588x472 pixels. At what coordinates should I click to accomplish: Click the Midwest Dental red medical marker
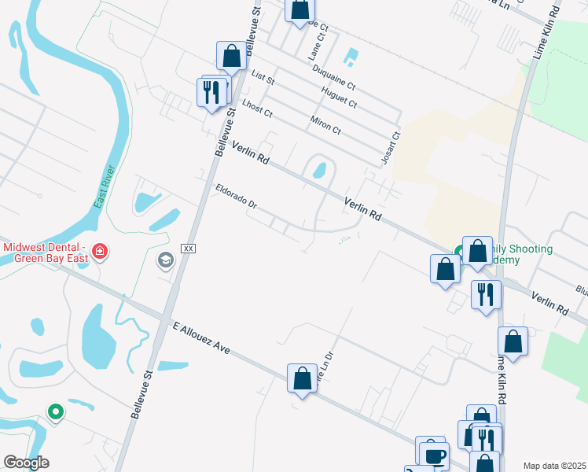[x=100, y=252]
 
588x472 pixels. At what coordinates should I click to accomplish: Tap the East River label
[x=105, y=187]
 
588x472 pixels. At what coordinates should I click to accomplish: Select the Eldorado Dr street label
[x=237, y=197]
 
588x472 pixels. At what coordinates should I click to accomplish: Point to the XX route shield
[x=188, y=248]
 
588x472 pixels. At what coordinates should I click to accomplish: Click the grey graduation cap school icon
[x=165, y=260]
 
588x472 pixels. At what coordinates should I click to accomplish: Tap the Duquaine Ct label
[x=333, y=78]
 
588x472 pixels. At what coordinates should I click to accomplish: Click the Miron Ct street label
[x=325, y=124]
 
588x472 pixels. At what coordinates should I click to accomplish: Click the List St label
[x=263, y=77]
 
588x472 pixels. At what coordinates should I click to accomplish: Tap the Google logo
[x=26, y=463]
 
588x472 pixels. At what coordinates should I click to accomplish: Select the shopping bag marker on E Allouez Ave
[x=302, y=378]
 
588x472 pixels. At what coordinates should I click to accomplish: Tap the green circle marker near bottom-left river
[x=55, y=411]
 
